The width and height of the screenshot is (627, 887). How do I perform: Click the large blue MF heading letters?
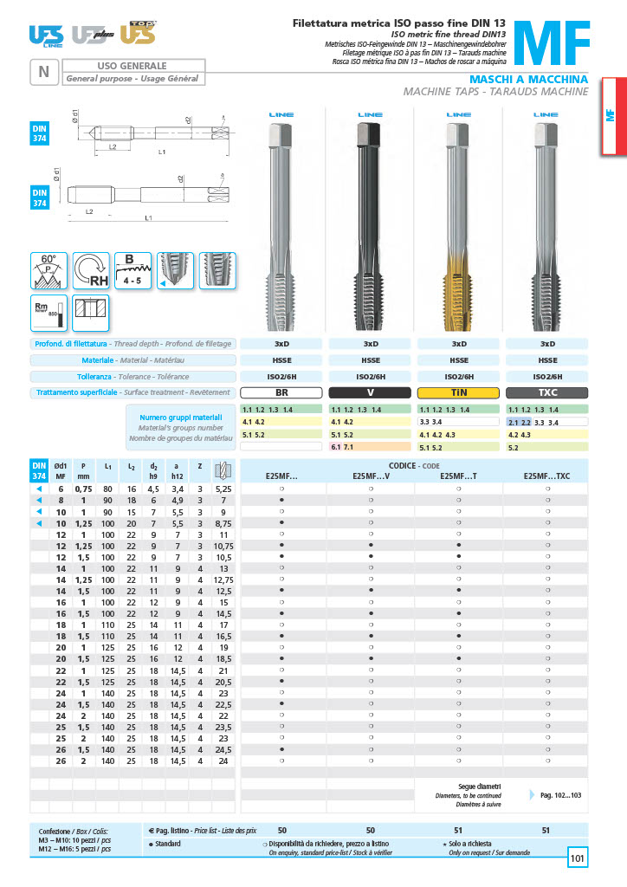click(x=553, y=43)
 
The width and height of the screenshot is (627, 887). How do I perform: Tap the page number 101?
click(x=578, y=858)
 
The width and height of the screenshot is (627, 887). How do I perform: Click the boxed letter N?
click(x=43, y=72)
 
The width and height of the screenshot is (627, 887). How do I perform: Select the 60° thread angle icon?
click(x=48, y=270)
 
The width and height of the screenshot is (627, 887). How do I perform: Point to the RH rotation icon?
click(x=91, y=270)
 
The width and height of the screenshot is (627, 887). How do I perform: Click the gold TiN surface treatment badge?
click(x=459, y=392)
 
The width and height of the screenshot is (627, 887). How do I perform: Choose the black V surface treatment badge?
click(x=370, y=392)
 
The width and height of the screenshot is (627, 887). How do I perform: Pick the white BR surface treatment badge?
click(x=281, y=392)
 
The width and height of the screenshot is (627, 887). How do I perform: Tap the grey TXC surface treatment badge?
click(x=547, y=392)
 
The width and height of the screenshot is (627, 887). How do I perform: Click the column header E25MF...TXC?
click(x=546, y=476)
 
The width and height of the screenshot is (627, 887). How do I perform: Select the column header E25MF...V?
click(x=371, y=476)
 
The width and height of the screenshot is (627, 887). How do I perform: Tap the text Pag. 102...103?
click(x=561, y=794)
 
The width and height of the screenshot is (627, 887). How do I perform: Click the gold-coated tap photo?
click(x=459, y=217)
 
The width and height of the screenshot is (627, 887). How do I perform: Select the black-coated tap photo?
click(x=370, y=217)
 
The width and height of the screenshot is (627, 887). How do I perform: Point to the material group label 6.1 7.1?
click(x=344, y=447)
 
